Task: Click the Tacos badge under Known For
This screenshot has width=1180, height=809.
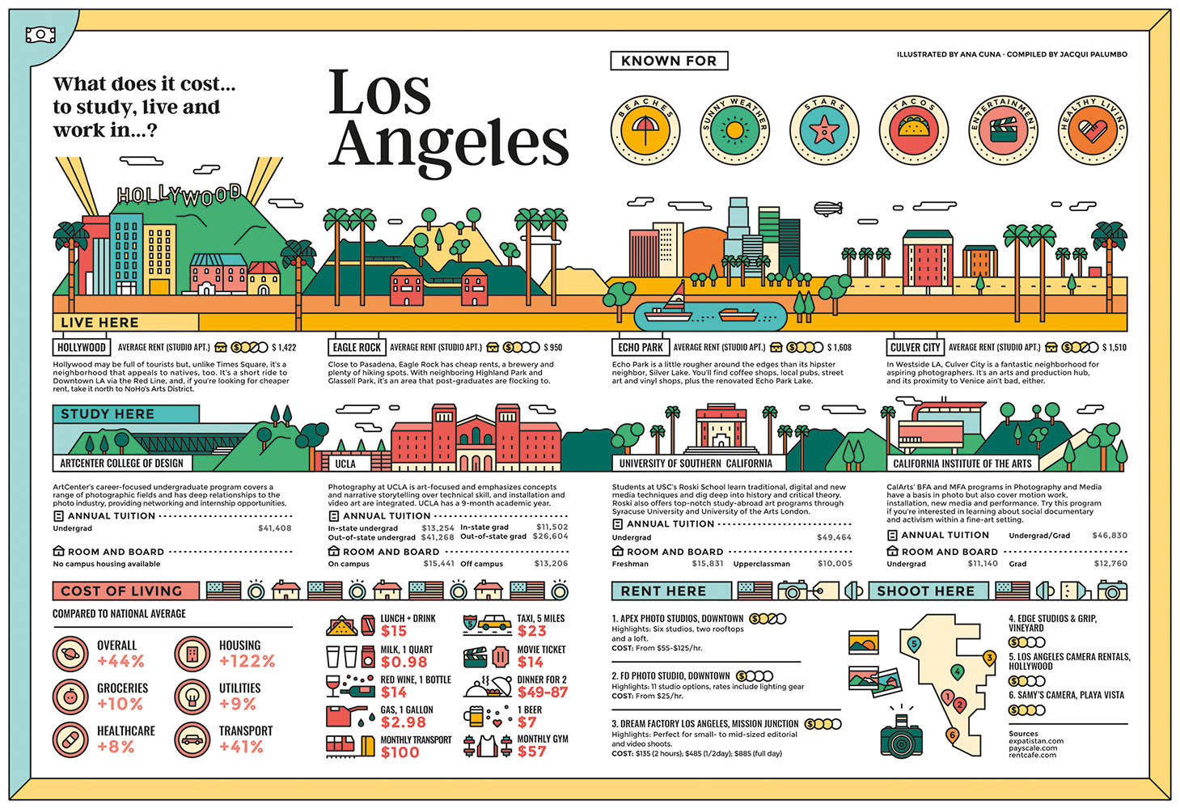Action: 913,129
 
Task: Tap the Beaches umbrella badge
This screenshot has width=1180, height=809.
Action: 645,129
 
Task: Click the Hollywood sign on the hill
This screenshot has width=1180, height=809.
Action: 179,194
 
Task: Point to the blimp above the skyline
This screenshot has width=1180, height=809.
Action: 827,209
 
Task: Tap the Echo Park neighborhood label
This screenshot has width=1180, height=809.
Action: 640,348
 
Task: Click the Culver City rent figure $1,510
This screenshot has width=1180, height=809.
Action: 1114,348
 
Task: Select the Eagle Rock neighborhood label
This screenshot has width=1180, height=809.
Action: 356,348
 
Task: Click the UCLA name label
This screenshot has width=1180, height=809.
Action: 345,464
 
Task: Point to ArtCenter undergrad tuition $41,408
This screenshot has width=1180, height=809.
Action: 274,528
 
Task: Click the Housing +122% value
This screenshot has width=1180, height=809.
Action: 247,661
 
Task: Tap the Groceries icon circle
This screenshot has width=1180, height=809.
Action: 70,696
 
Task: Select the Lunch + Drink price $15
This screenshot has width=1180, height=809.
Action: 394,631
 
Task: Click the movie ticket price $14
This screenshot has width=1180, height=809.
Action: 531,662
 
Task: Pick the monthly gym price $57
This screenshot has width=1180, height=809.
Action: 531,752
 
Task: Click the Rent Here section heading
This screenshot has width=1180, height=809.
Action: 663,591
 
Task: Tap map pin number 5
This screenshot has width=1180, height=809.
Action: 914,644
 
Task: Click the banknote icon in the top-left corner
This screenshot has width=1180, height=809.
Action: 40,35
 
